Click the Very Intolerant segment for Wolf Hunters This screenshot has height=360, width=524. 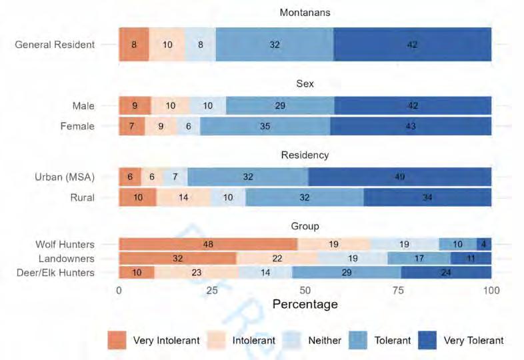[x=208, y=245]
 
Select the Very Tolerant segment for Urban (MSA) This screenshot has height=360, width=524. [x=400, y=177]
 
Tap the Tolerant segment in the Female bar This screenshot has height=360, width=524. [x=265, y=126]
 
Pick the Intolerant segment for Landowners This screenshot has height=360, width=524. [x=277, y=259]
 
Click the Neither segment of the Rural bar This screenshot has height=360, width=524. [x=228, y=197]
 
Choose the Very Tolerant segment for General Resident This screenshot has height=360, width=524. [x=412, y=45]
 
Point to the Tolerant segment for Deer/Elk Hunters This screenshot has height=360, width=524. [x=346, y=272]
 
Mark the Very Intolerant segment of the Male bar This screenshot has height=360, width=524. [x=135, y=106]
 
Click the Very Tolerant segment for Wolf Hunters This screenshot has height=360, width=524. [x=484, y=245]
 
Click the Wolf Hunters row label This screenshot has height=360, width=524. [x=65, y=245]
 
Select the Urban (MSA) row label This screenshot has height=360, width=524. [x=65, y=177]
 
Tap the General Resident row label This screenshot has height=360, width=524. [x=55, y=45]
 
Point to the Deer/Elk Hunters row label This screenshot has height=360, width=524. [x=59, y=272]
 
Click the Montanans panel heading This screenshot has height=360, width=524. [x=305, y=13]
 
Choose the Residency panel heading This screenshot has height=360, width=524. [x=305, y=155]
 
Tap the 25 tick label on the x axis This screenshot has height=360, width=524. [x=212, y=291]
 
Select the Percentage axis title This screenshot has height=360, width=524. [x=305, y=304]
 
